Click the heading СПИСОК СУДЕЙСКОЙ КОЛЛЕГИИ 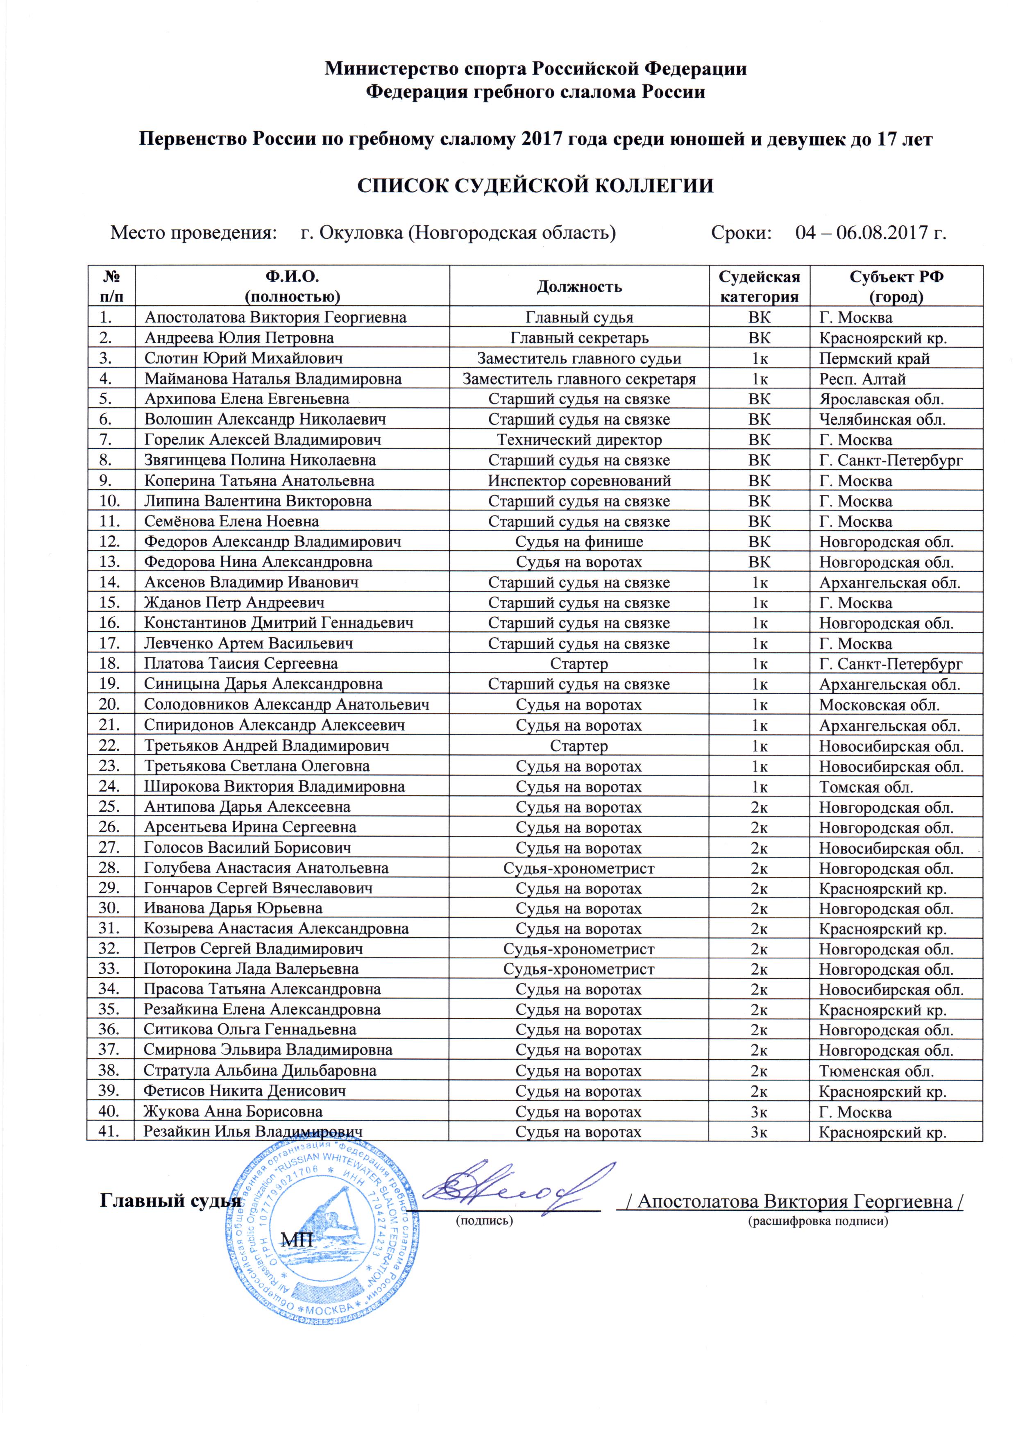click(x=535, y=186)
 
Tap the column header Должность click(x=579, y=287)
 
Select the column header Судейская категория click(x=759, y=287)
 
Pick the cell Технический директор click(x=579, y=440)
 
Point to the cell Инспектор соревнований click(x=579, y=481)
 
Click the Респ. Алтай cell click(x=862, y=379)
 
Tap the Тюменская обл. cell click(x=876, y=1071)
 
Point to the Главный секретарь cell click(x=579, y=338)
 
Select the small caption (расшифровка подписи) click(x=818, y=1221)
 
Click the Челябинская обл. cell click(x=882, y=420)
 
